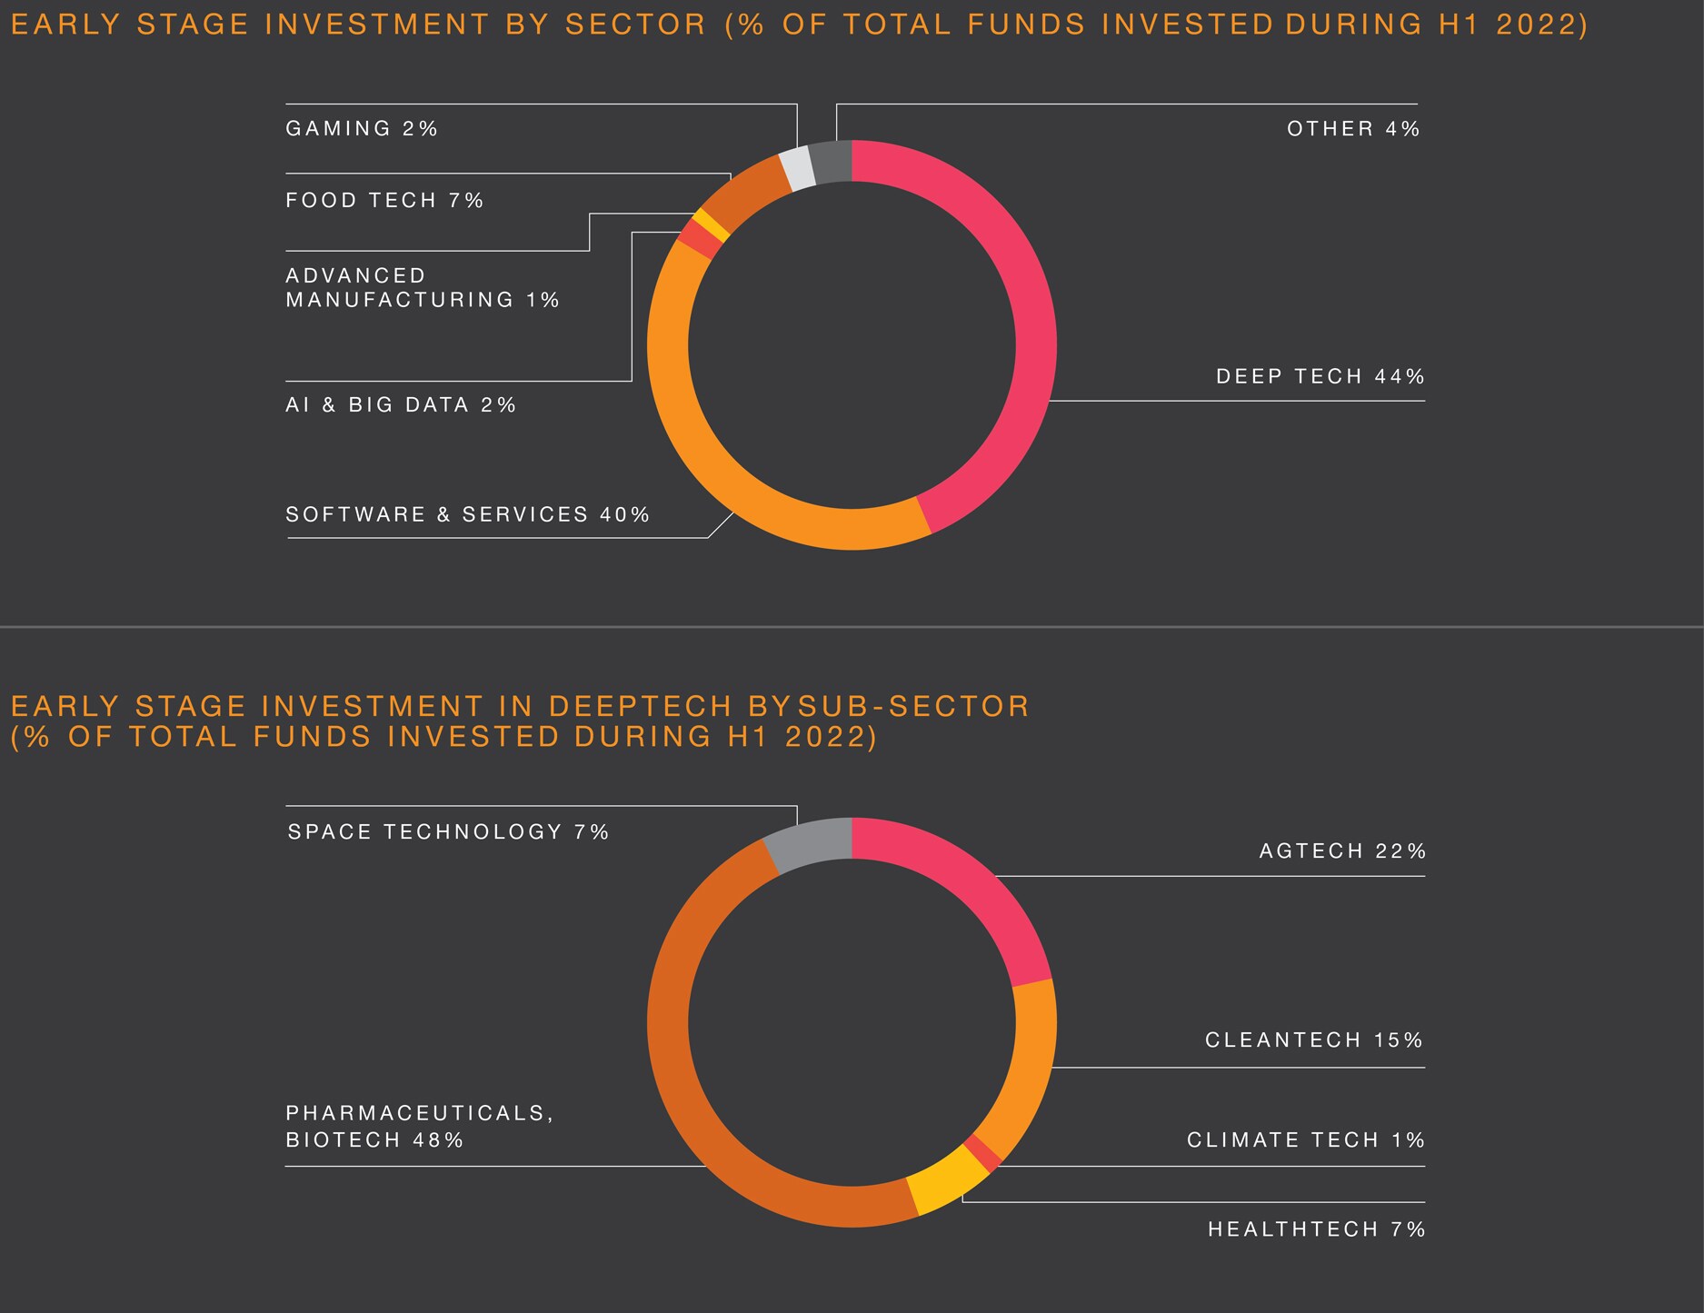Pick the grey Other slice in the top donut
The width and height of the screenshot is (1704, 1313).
[x=830, y=163]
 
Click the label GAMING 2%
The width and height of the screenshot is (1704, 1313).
[x=362, y=129]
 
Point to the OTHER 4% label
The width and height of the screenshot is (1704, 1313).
[x=1352, y=129]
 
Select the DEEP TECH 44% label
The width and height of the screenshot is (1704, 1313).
[x=1320, y=377]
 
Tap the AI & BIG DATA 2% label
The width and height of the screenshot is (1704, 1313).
[x=400, y=405]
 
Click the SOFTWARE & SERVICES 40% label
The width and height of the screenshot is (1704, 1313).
[x=467, y=515]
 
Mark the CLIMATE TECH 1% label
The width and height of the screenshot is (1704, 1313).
[x=1305, y=1140]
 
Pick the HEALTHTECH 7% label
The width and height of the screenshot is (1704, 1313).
[x=1316, y=1230]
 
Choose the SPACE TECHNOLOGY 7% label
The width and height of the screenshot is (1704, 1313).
[x=447, y=832]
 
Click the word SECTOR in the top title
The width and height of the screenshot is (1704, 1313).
[x=635, y=25]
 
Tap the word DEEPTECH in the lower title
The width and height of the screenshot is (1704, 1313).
[x=641, y=707]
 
